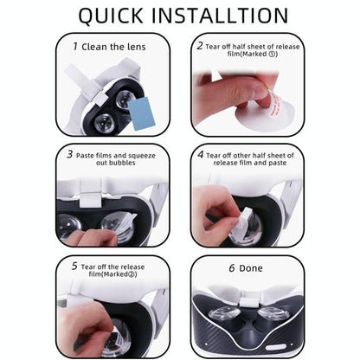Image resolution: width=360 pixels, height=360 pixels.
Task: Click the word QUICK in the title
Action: (x=112, y=15)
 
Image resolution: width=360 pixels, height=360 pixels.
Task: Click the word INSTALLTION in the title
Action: (x=222, y=15)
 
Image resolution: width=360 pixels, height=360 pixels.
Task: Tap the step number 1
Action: (x=74, y=46)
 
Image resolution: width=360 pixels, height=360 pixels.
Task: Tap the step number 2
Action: (x=200, y=45)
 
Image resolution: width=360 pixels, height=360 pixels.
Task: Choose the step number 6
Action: (x=232, y=267)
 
